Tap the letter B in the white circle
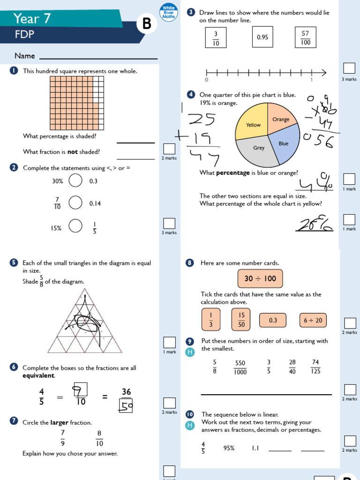point(147,25)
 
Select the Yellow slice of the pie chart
point(253,123)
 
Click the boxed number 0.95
point(262,37)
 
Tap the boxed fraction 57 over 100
point(306,37)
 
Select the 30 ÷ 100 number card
point(260,279)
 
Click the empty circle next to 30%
point(75,181)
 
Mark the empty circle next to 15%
point(75,226)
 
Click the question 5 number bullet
point(14,263)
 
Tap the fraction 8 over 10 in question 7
point(99,438)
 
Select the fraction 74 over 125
point(315,367)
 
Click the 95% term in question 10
point(229,448)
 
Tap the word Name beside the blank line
point(25,56)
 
